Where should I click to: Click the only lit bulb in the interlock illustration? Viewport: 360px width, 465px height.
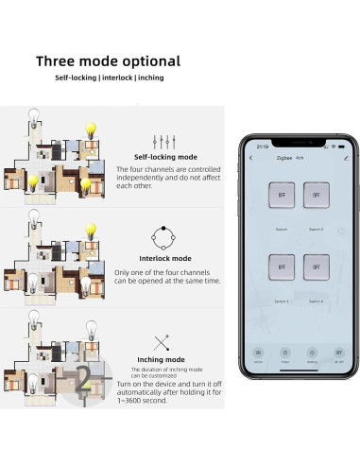coord(92,230)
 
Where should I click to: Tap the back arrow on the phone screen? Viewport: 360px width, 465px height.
coord(250,158)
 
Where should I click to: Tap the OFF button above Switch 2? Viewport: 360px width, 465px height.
coord(317,196)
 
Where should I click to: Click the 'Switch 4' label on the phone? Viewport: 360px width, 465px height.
coord(317,301)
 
